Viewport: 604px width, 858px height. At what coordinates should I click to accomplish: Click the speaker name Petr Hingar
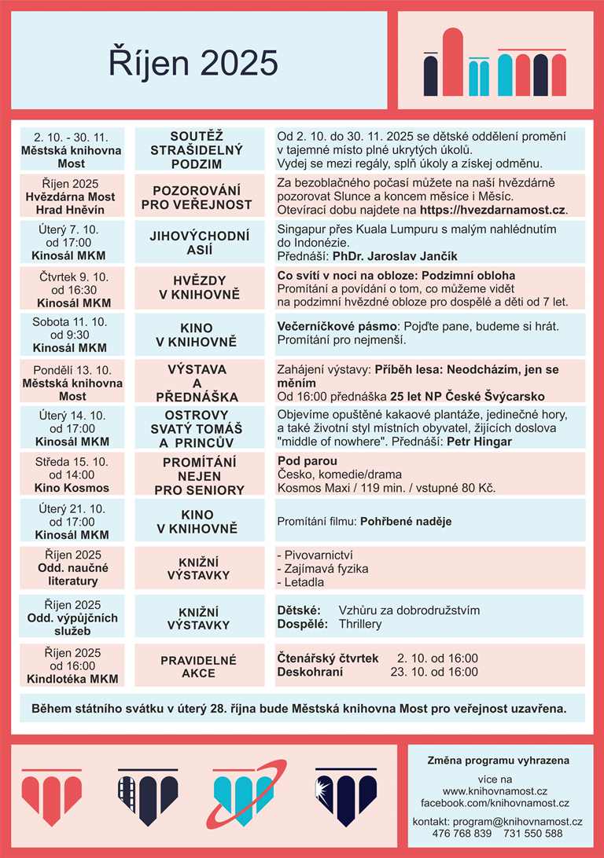point(480,442)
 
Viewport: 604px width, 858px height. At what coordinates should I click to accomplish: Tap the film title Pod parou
point(308,460)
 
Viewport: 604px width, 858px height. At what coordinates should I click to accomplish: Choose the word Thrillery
point(360,624)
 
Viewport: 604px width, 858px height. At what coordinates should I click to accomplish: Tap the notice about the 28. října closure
point(298,708)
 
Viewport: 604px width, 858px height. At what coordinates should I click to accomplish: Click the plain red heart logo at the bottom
point(41,796)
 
